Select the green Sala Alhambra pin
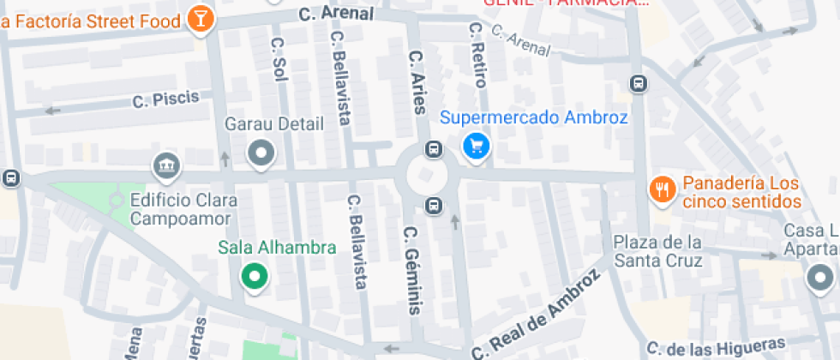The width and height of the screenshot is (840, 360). (254, 276)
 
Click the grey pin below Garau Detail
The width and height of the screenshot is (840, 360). (261, 154)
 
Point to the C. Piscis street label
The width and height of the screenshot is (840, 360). (165, 99)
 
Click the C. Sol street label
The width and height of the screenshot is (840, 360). (278, 57)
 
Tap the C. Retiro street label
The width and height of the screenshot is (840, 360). (477, 56)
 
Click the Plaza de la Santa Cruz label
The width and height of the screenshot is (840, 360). (657, 250)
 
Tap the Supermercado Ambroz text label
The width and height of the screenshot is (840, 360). (534, 118)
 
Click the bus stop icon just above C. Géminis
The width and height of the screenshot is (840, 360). (435, 205)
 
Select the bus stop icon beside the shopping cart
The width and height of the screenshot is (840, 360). (435, 150)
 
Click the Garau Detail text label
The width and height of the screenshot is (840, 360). (274, 123)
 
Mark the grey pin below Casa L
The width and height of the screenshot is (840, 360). (820, 277)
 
